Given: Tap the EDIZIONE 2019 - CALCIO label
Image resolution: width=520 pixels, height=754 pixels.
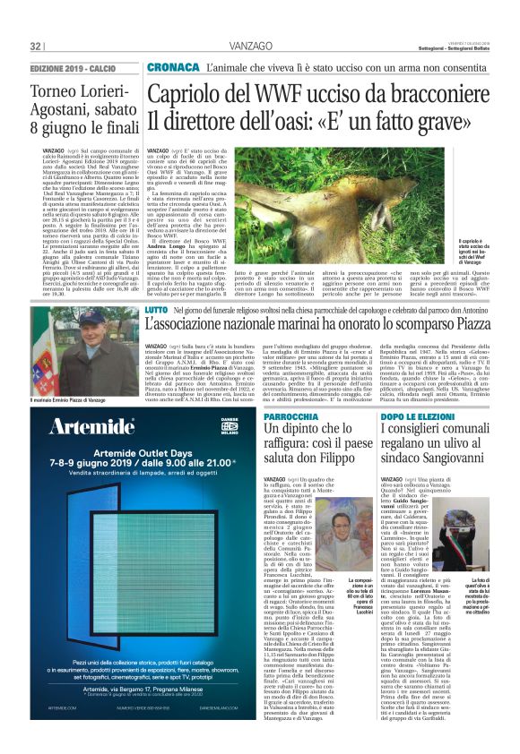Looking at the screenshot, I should [x=73, y=69].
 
